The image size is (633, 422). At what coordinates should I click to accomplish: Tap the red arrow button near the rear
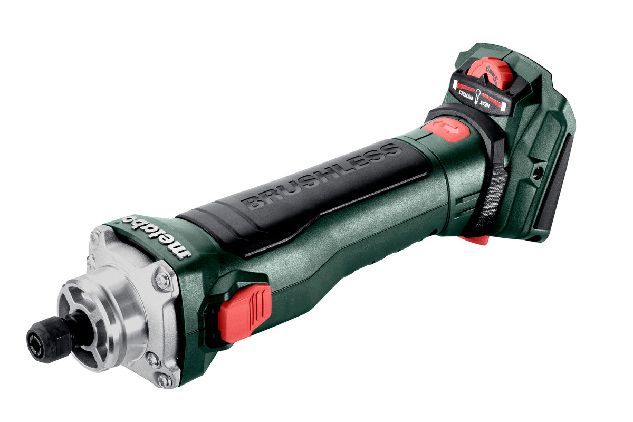point(446,129)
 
